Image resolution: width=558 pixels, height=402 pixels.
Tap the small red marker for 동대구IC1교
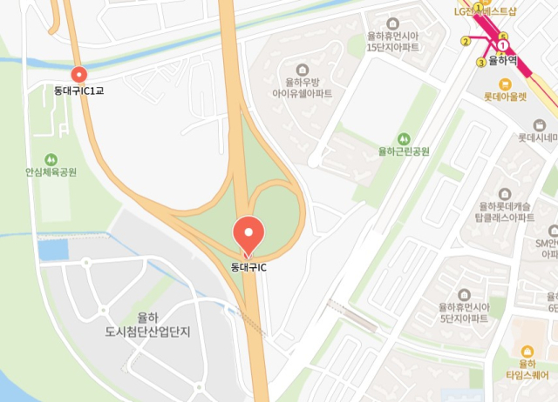[78, 76]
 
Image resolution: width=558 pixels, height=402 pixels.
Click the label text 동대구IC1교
[78, 90]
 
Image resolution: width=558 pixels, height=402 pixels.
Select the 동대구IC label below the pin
[248, 266]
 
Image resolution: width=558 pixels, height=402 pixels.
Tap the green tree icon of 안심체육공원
[51, 159]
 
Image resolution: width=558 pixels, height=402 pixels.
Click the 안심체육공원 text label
[51, 173]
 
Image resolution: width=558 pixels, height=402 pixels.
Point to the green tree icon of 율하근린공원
[404, 138]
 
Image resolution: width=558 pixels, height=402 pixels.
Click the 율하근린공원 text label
[404, 151]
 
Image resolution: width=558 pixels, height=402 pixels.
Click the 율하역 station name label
[504, 61]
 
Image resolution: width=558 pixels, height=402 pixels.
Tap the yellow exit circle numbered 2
[466, 42]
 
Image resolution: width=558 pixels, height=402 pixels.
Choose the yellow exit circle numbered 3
[481, 62]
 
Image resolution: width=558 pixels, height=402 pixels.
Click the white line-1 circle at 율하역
[502, 45]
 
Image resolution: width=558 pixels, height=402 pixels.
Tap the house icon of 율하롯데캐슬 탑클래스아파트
[505, 193]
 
